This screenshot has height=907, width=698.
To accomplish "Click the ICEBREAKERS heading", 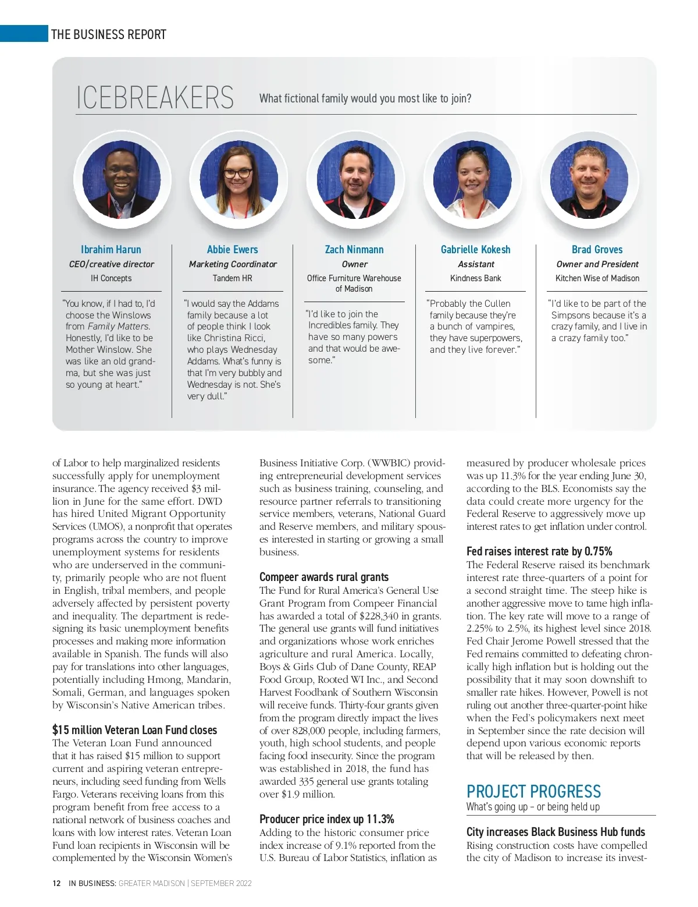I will (x=155, y=98).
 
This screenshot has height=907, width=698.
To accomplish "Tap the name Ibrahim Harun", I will (x=111, y=249).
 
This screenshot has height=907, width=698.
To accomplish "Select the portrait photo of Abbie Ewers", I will (x=238, y=178).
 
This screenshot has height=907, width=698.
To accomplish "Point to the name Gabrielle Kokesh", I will (x=475, y=249).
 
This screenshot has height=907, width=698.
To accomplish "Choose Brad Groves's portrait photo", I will (x=589, y=178).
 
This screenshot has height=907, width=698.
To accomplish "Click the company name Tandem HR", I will (x=233, y=278).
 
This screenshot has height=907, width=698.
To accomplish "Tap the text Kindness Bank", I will (x=475, y=278).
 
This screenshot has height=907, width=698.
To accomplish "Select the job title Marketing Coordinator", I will (x=233, y=264).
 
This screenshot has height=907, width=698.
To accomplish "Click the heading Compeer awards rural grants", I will (x=324, y=577).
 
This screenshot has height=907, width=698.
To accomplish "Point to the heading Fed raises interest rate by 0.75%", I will (x=539, y=551).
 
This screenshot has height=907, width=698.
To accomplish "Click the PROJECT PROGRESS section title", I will (x=533, y=792).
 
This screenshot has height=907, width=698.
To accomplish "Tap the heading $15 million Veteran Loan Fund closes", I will (x=134, y=730).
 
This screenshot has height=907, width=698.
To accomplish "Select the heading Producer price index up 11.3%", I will (x=327, y=819).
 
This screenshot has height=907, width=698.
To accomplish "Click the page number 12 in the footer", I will (x=56, y=883).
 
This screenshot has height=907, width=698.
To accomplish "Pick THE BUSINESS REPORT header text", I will (x=109, y=34).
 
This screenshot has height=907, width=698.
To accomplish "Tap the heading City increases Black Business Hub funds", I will (x=555, y=832).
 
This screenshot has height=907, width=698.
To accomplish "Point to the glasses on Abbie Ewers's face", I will (x=238, y=173).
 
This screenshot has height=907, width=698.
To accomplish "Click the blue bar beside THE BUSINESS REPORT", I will (x=24, y=34).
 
